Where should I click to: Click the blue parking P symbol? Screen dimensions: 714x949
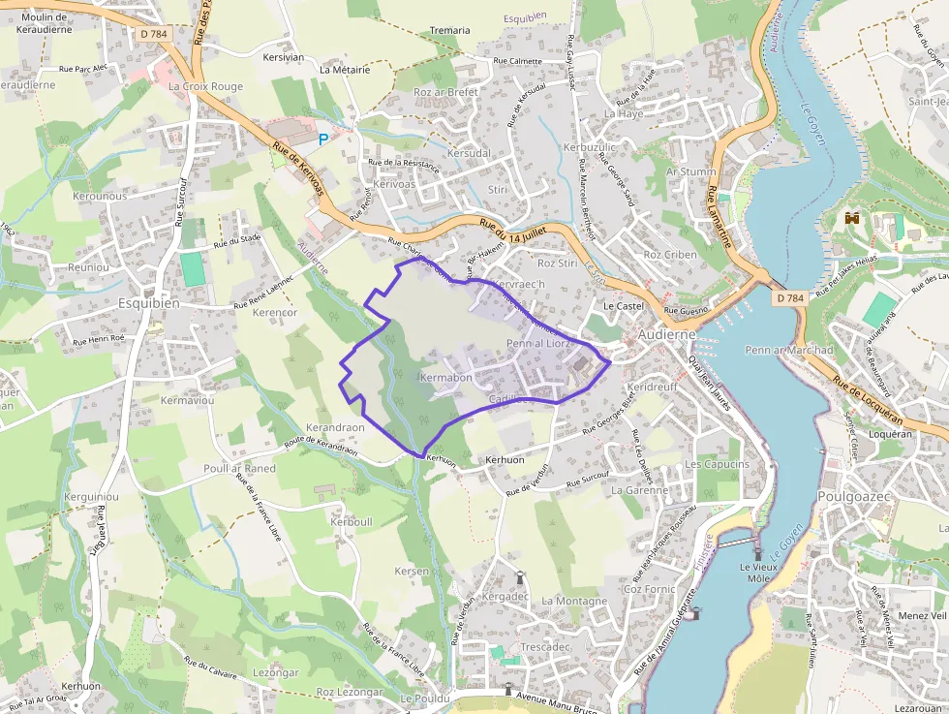pyautogui.click(x=323, y=140)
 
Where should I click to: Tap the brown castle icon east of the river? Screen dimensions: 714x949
pyautogui.click(x=852, y=218)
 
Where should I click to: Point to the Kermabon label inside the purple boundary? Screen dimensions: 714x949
pyautogui.click(x=446, y=377)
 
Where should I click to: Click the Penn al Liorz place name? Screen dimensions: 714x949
pyautogui.click(x=541, y=344)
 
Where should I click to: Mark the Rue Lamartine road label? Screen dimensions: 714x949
pyautogui.click(x=719, y=216)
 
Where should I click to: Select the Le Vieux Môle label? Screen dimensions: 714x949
pyautogui.click(x=758, y=573)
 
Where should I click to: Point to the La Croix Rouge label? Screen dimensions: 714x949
pyautogui.click(x=205, y=86)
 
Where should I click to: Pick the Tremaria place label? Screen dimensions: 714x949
pyautogui.click(x=449, y=31)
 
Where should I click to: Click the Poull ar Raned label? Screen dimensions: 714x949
pyautogui.click(x=239, y=468)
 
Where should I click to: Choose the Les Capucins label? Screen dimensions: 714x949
pyautogui.click(x=717, y=464)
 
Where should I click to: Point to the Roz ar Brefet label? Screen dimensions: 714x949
pyautogui.click(x=445, y=92)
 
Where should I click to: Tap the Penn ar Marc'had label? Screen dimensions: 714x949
pyautogui.click(x=789, y=350)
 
